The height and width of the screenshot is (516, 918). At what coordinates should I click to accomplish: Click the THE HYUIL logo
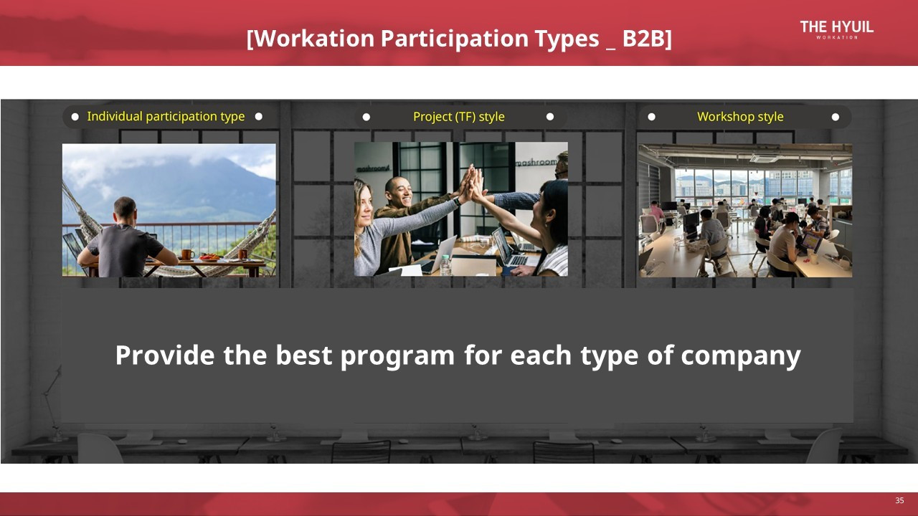coord(836,29)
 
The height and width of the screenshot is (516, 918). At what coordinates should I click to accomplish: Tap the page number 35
coord(899,500)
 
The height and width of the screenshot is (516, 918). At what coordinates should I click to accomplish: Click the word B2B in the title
coord(645,39)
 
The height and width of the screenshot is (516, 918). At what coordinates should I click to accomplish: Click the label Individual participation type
coord(166,117)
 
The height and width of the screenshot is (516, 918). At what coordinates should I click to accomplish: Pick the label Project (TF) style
coord(458,117)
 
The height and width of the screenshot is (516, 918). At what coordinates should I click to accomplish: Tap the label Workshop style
coord(740,117)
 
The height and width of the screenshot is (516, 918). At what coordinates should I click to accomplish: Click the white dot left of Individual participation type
coord(75,117)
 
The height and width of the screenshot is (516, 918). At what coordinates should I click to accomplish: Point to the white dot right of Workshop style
coord(836,117)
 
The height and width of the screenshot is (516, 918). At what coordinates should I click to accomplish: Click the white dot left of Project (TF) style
coord(366,117)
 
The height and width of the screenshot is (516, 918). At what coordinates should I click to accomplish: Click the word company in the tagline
coord(741,356)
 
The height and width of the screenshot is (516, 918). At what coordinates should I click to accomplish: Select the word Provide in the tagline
coord(164,355)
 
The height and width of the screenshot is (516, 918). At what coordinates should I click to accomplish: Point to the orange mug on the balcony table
coord(187,254)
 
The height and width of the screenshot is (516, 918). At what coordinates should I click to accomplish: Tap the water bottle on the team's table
coord(445,264)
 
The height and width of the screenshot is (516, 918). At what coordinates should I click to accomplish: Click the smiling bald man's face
coord(399,191)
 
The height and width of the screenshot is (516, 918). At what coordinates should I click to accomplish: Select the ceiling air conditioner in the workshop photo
coord(765,158)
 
